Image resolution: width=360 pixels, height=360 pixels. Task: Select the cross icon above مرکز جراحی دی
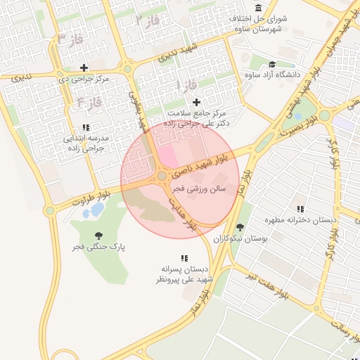click(84, 68)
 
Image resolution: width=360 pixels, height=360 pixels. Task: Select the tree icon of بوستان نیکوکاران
click(240, 226)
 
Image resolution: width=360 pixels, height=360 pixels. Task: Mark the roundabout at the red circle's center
click(162, 176)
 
